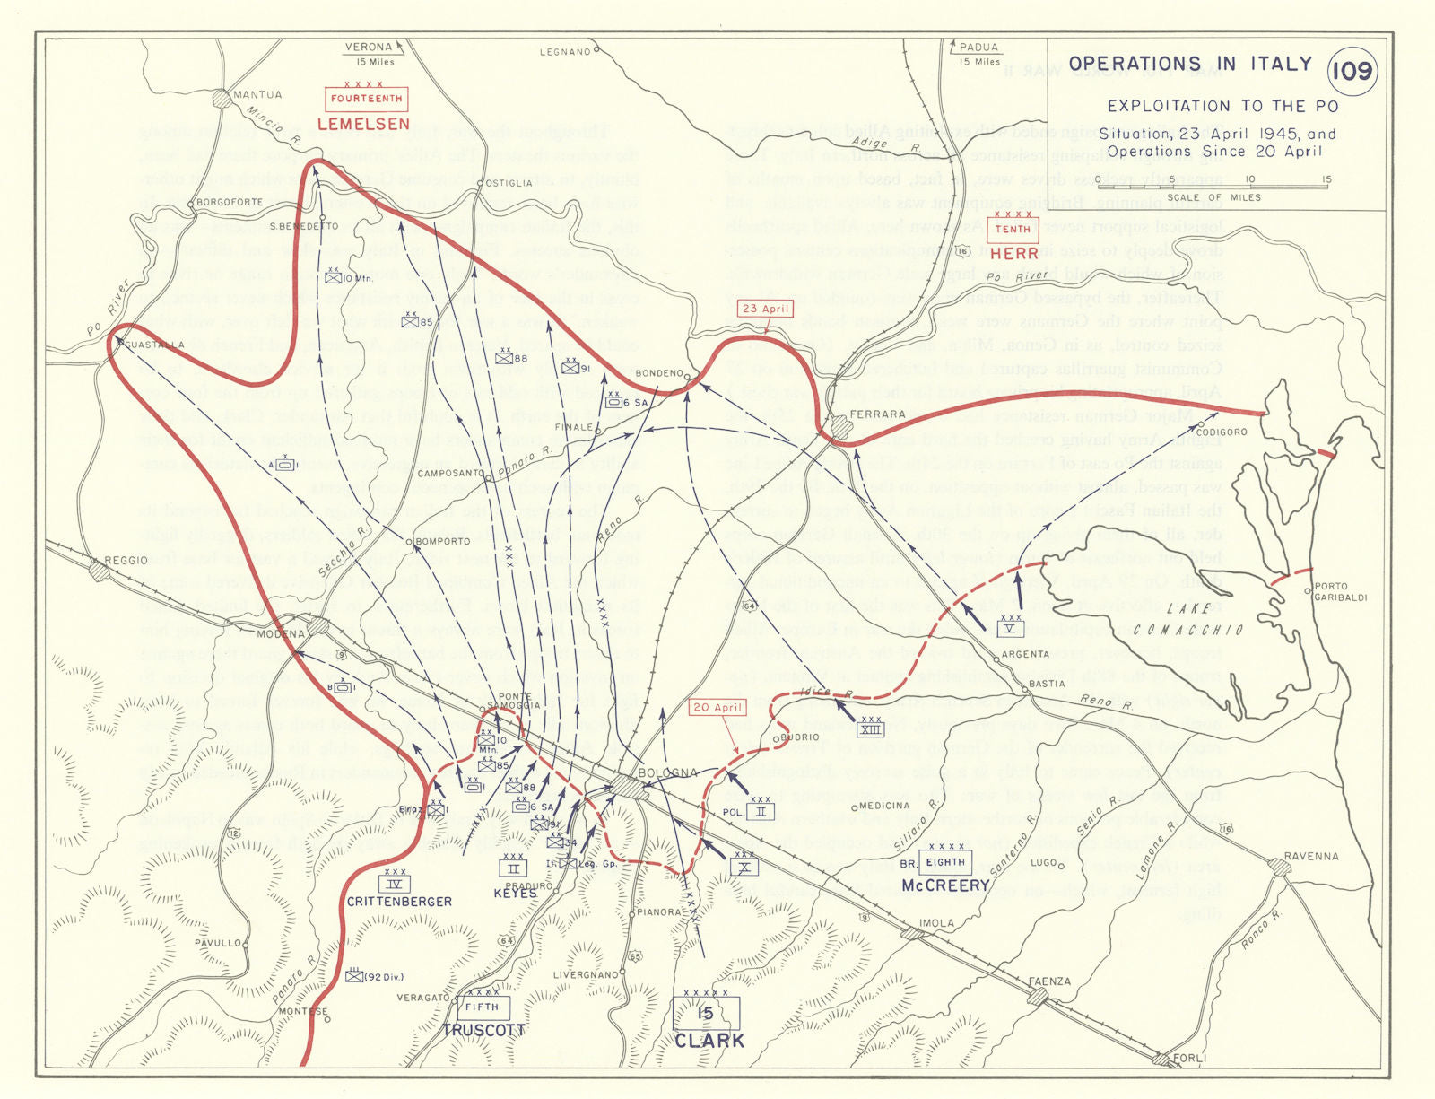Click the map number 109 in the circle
point(1352,70)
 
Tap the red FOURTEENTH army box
point(366,99)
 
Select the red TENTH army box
point(1013,230)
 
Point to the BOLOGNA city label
point(667,772)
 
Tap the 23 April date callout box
point(765,309)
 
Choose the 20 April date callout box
point(717,708)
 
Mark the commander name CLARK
point(709,1042)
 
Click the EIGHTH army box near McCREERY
point(945,862)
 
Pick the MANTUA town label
point(257,95)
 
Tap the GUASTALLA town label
point(154,345)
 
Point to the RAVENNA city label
point(1310,856)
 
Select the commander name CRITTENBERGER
point(399,902)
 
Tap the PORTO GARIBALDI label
point(1340,592)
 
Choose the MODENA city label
point(281,633)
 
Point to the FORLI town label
point(1189,1059)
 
